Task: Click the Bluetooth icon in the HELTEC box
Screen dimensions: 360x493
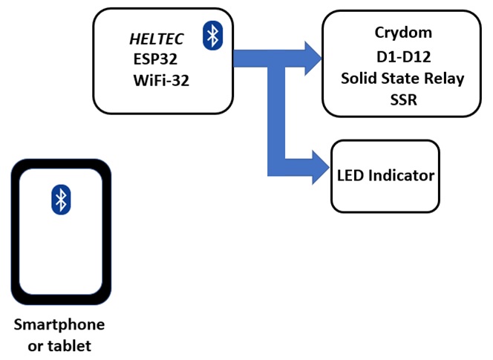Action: click(213, 35)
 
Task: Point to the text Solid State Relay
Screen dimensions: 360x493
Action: click(403, 79)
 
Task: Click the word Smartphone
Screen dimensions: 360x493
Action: click(60, 325)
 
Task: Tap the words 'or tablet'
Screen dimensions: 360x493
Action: click(60, 345)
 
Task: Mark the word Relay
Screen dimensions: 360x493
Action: click(446, 79)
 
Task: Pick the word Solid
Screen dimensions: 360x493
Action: click(359, 79)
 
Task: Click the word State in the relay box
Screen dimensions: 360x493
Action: click(402, 79)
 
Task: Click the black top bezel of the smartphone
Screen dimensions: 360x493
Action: click(61, 164)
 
